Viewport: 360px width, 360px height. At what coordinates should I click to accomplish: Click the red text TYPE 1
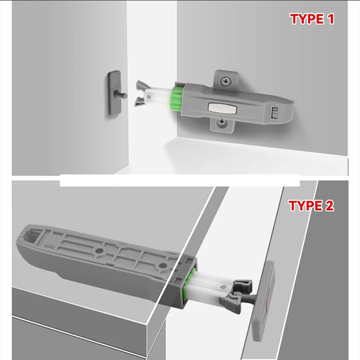click(311, 19)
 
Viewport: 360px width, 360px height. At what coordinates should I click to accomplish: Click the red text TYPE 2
click(311, 205)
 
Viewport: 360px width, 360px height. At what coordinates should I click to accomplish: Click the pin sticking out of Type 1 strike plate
click(124, 95)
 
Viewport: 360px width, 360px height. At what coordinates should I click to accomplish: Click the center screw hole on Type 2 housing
click(99, 249)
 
